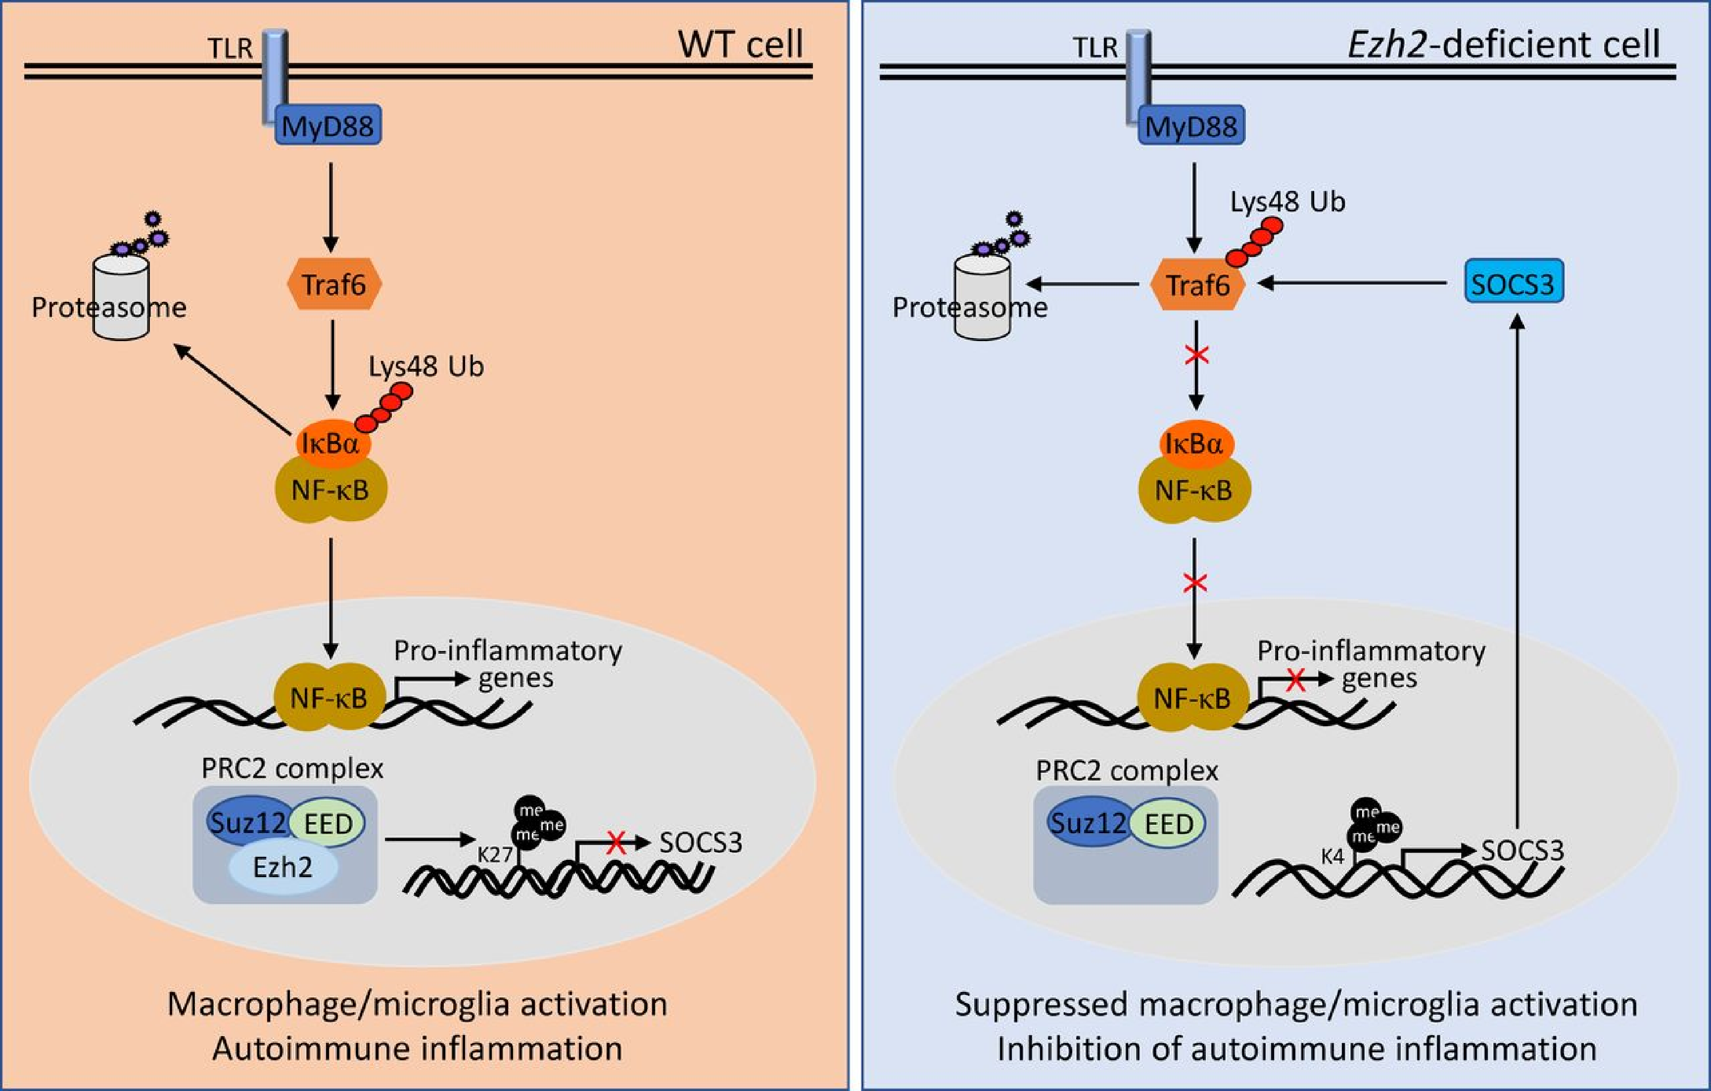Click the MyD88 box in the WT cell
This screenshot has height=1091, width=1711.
pyautogui.click(x=328, y=126)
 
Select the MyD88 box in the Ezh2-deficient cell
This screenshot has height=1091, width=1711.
pyautogui.click(x=1191, y=126)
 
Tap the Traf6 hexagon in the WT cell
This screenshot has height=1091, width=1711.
pyautogui.click(x=334, y=284)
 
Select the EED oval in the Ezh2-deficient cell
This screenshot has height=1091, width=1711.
pyautogui.click(x=1169, y=824)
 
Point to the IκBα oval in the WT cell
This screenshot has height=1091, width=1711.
pyautogui.click(x=331, y=444)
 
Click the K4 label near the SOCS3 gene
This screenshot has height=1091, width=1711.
pyautogui.click(x=1332, y=856)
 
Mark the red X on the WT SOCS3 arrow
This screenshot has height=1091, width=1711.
pyautogui.click(x=616, y=843)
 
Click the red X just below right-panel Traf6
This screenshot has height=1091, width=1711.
pyautogui.click(x=1196, y=354)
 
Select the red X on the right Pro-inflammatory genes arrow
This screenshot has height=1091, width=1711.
pyautogui.click(x=1295, y=680)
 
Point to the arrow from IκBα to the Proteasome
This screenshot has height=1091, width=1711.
pyautogui.click(x=233, y=390)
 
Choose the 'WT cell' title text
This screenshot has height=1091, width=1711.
pyautogui.click(x=740, y=44)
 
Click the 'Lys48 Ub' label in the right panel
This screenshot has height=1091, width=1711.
pyautogui.click(x=1287, y=202)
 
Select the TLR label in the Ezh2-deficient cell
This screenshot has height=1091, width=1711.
pyautogui.click(x=1094, y=48)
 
